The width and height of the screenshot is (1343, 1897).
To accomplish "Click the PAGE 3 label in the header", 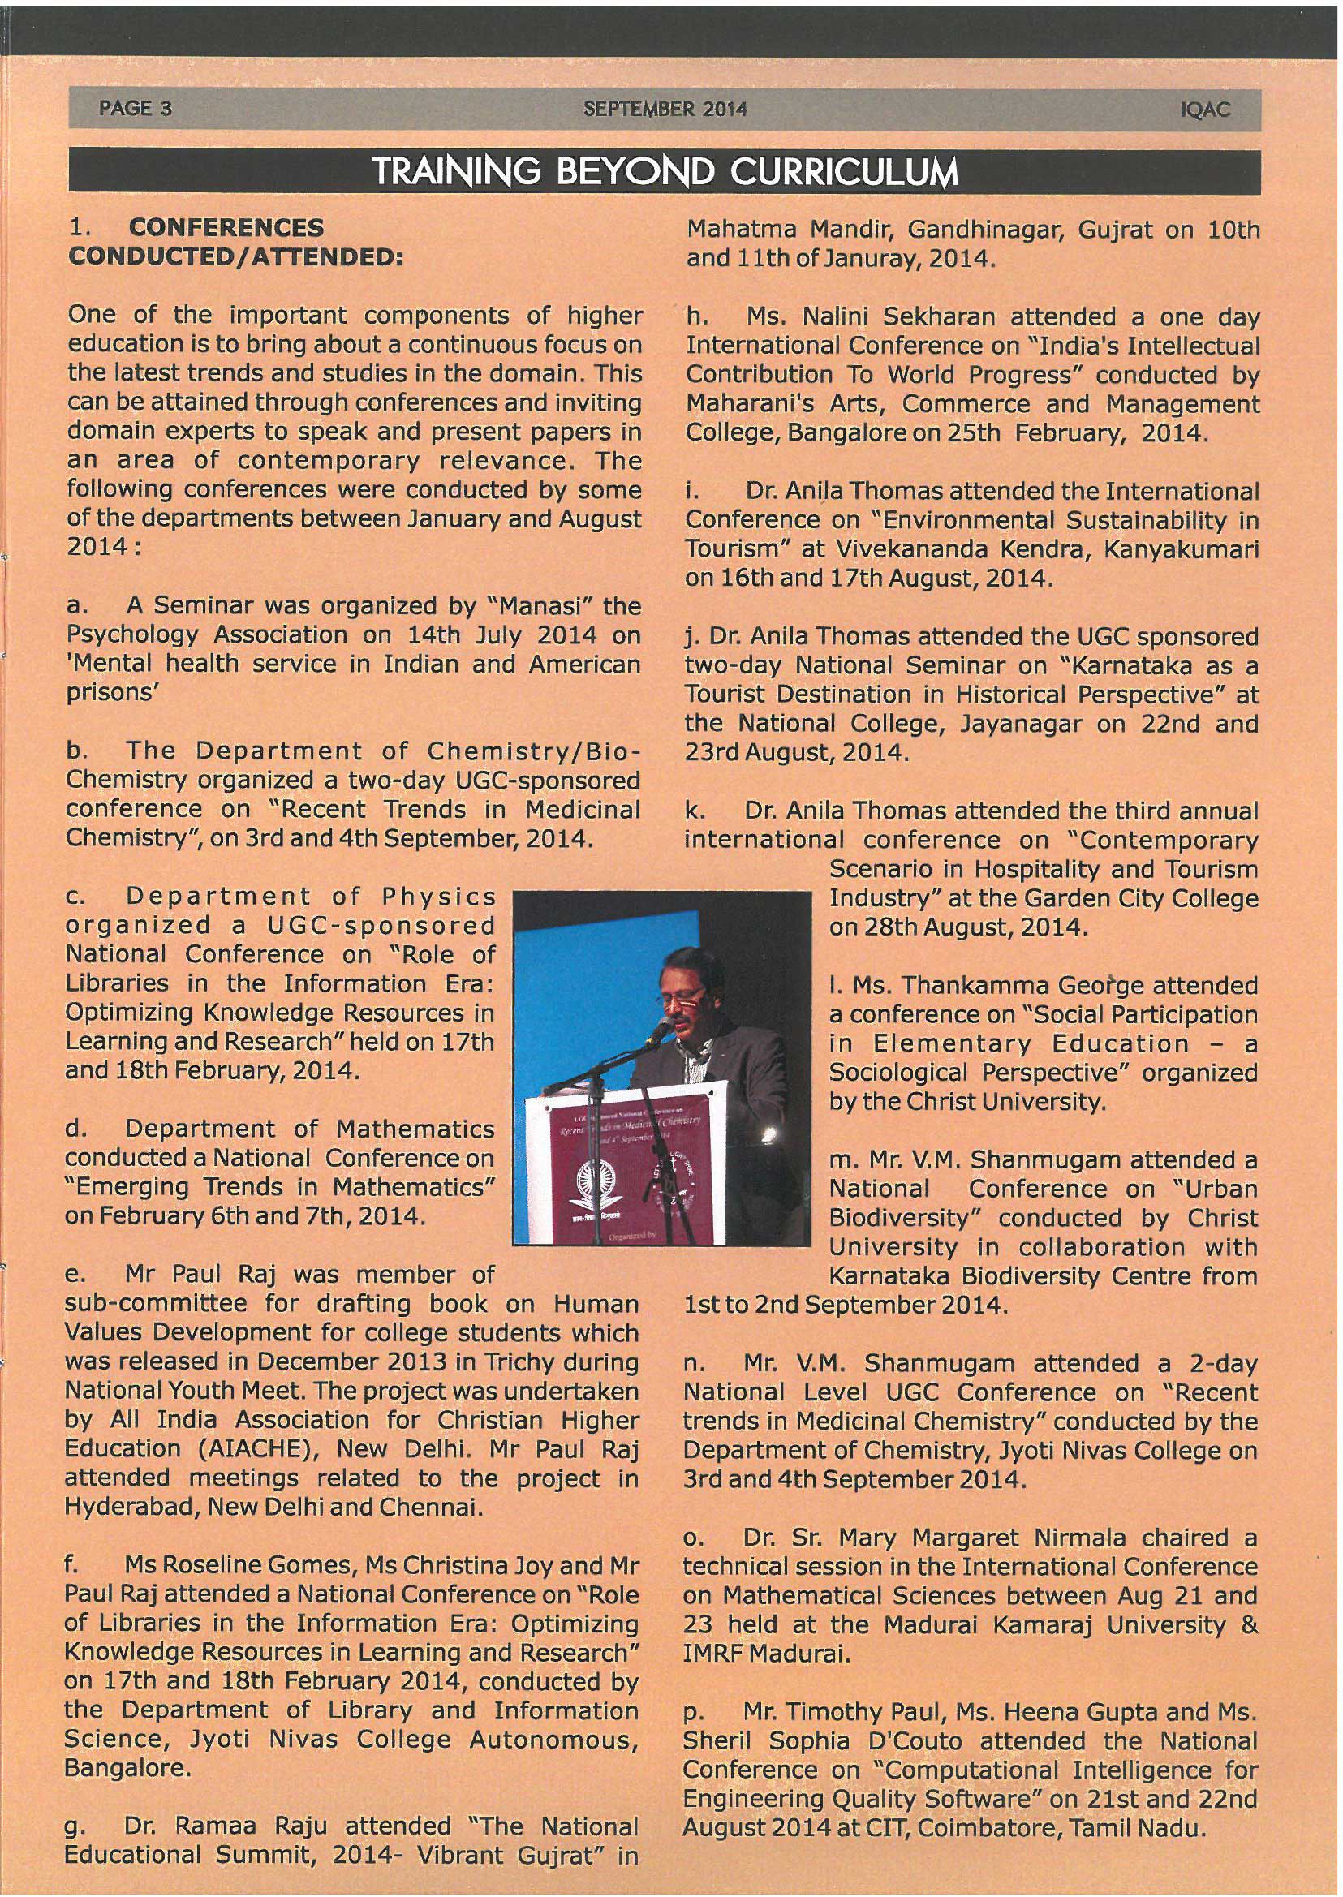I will click(135, 109).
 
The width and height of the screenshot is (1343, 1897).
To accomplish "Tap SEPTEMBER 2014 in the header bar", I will click(665, 109).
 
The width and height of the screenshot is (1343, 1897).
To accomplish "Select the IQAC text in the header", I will click(1207, 110).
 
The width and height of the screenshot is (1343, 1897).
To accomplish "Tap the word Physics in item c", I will click(438, 897).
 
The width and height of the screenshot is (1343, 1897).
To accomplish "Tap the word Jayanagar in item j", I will click(1022, 724).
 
